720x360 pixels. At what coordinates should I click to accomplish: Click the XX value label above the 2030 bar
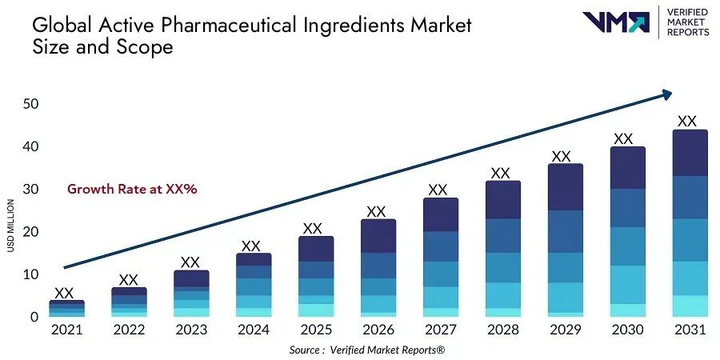click(623, 138)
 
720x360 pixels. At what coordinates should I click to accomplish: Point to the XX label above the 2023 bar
click(190, 262)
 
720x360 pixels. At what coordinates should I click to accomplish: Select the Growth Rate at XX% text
click(132, 190)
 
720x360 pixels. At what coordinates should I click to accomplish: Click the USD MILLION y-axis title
click(11, 225)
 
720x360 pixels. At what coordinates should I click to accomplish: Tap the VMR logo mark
click(615, 22)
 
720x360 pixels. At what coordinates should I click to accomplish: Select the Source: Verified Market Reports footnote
click(366, 350)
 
